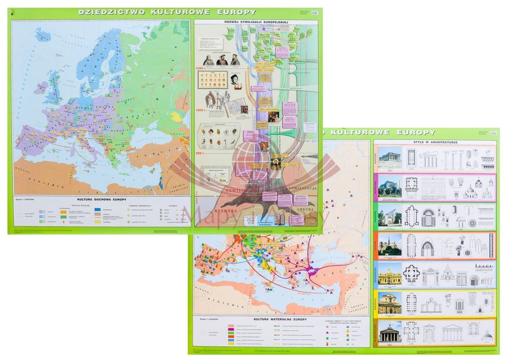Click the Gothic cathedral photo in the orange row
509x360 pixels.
tap(390, 246)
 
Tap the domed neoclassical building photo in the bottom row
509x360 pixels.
tap(390, 332)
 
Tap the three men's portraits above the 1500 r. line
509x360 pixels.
tap(222, 59)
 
